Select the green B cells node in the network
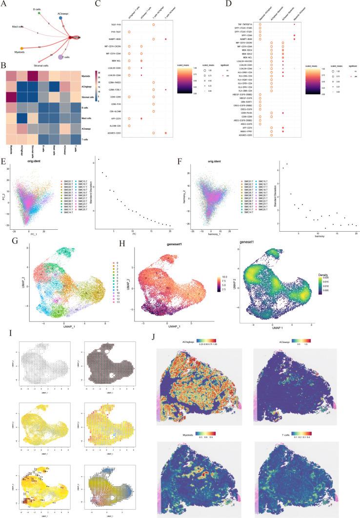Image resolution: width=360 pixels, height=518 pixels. pyautogui.click(x=39, y=13)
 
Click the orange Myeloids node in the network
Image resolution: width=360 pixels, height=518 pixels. pyautogui.click(x=22, y=48)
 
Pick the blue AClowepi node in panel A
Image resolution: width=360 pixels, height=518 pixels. pyautogui.click(x=60, y=18)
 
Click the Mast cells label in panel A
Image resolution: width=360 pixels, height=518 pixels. pyautogui.click(x=19, y=34)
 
